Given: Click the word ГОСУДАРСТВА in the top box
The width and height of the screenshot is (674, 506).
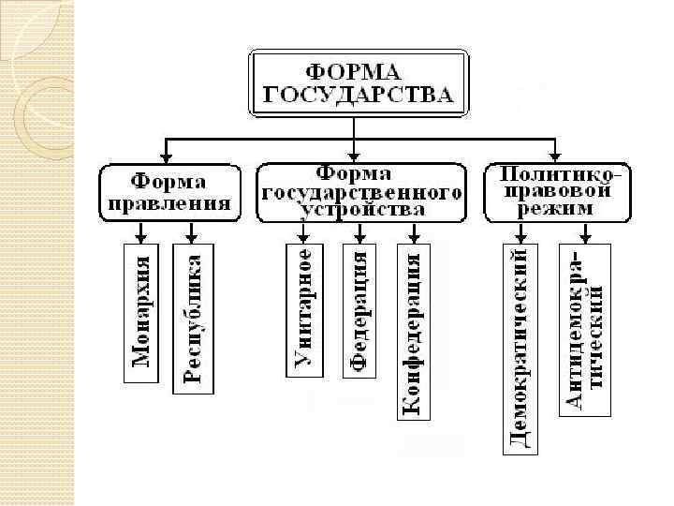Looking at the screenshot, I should coord(357,94).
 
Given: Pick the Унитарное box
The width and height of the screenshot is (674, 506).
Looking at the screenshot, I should coord(303,309).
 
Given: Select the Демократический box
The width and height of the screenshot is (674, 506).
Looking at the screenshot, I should coord(520,348).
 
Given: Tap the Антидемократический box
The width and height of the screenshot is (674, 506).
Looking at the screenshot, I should coord(586,330).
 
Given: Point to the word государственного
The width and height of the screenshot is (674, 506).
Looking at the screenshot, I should coord(362,191).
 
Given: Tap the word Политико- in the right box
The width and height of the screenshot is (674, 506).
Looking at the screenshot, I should coord(559,174).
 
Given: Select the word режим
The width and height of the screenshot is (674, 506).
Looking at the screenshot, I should coord(559,208).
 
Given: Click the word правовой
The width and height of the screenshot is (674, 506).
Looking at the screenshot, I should coord(559,191).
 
